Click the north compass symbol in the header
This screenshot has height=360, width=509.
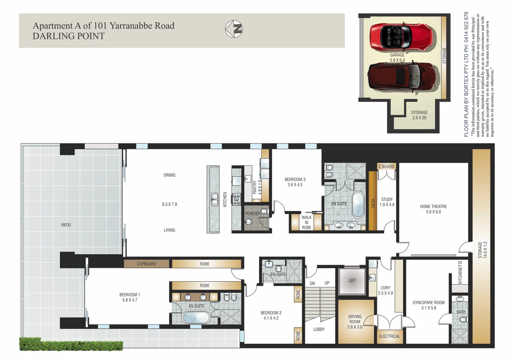(x=234, y=29)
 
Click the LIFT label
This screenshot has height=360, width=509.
(x=352, y=281)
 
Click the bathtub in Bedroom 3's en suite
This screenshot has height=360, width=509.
(x=358, y=205)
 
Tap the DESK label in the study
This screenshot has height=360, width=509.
(x=373, y=203)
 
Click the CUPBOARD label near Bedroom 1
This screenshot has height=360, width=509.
(x=147, y=264)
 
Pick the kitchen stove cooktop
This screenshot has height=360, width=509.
(x=237, y=199)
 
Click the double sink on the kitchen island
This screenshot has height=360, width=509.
(x=214, y=199)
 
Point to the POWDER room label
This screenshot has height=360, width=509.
(x=253, y=214)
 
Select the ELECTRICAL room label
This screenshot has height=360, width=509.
(x=389, y=337)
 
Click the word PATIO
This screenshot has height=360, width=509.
(x=66, y=225)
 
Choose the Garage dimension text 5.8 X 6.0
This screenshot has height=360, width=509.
(x=397, y=60)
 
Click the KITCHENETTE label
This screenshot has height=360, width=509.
(x=460, y=272)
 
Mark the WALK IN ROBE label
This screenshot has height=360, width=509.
(x=306, y=223)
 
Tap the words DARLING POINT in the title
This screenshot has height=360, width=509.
(x=68, y=36)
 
